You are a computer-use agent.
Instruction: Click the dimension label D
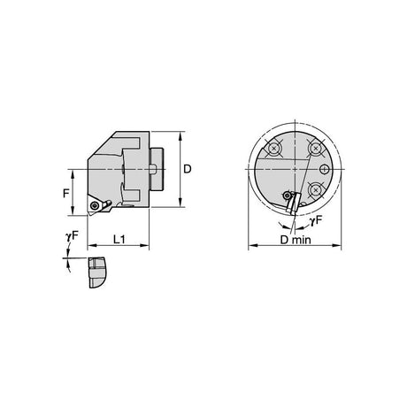188,169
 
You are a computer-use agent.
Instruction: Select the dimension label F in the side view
66,194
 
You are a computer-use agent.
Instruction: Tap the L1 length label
119,240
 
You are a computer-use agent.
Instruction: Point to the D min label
296,240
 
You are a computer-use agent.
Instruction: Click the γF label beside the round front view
316,220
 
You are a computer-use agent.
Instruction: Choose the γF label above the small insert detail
72,236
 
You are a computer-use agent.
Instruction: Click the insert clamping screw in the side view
95,205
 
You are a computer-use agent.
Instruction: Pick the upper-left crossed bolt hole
274,149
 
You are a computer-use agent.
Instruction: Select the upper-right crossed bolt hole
316,148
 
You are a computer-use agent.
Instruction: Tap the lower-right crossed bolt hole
316,190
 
